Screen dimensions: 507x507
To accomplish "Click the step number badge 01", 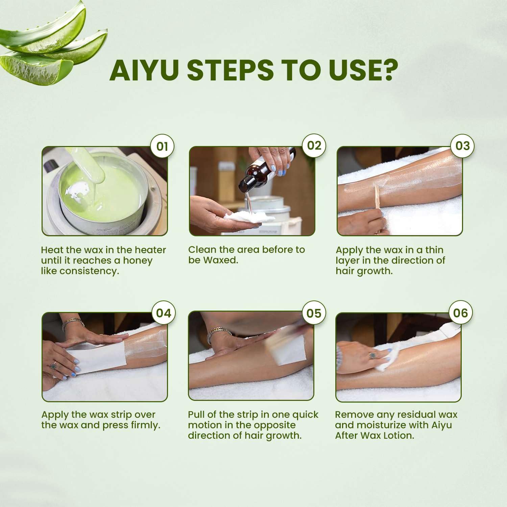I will point(162,146).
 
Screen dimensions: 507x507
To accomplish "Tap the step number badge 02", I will point(314,146).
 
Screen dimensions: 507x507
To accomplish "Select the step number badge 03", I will point(462,146).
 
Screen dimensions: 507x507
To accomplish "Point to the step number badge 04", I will point(163,313).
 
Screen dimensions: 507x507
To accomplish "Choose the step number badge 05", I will point(314,313).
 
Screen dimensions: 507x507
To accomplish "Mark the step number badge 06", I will point(460,313).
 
